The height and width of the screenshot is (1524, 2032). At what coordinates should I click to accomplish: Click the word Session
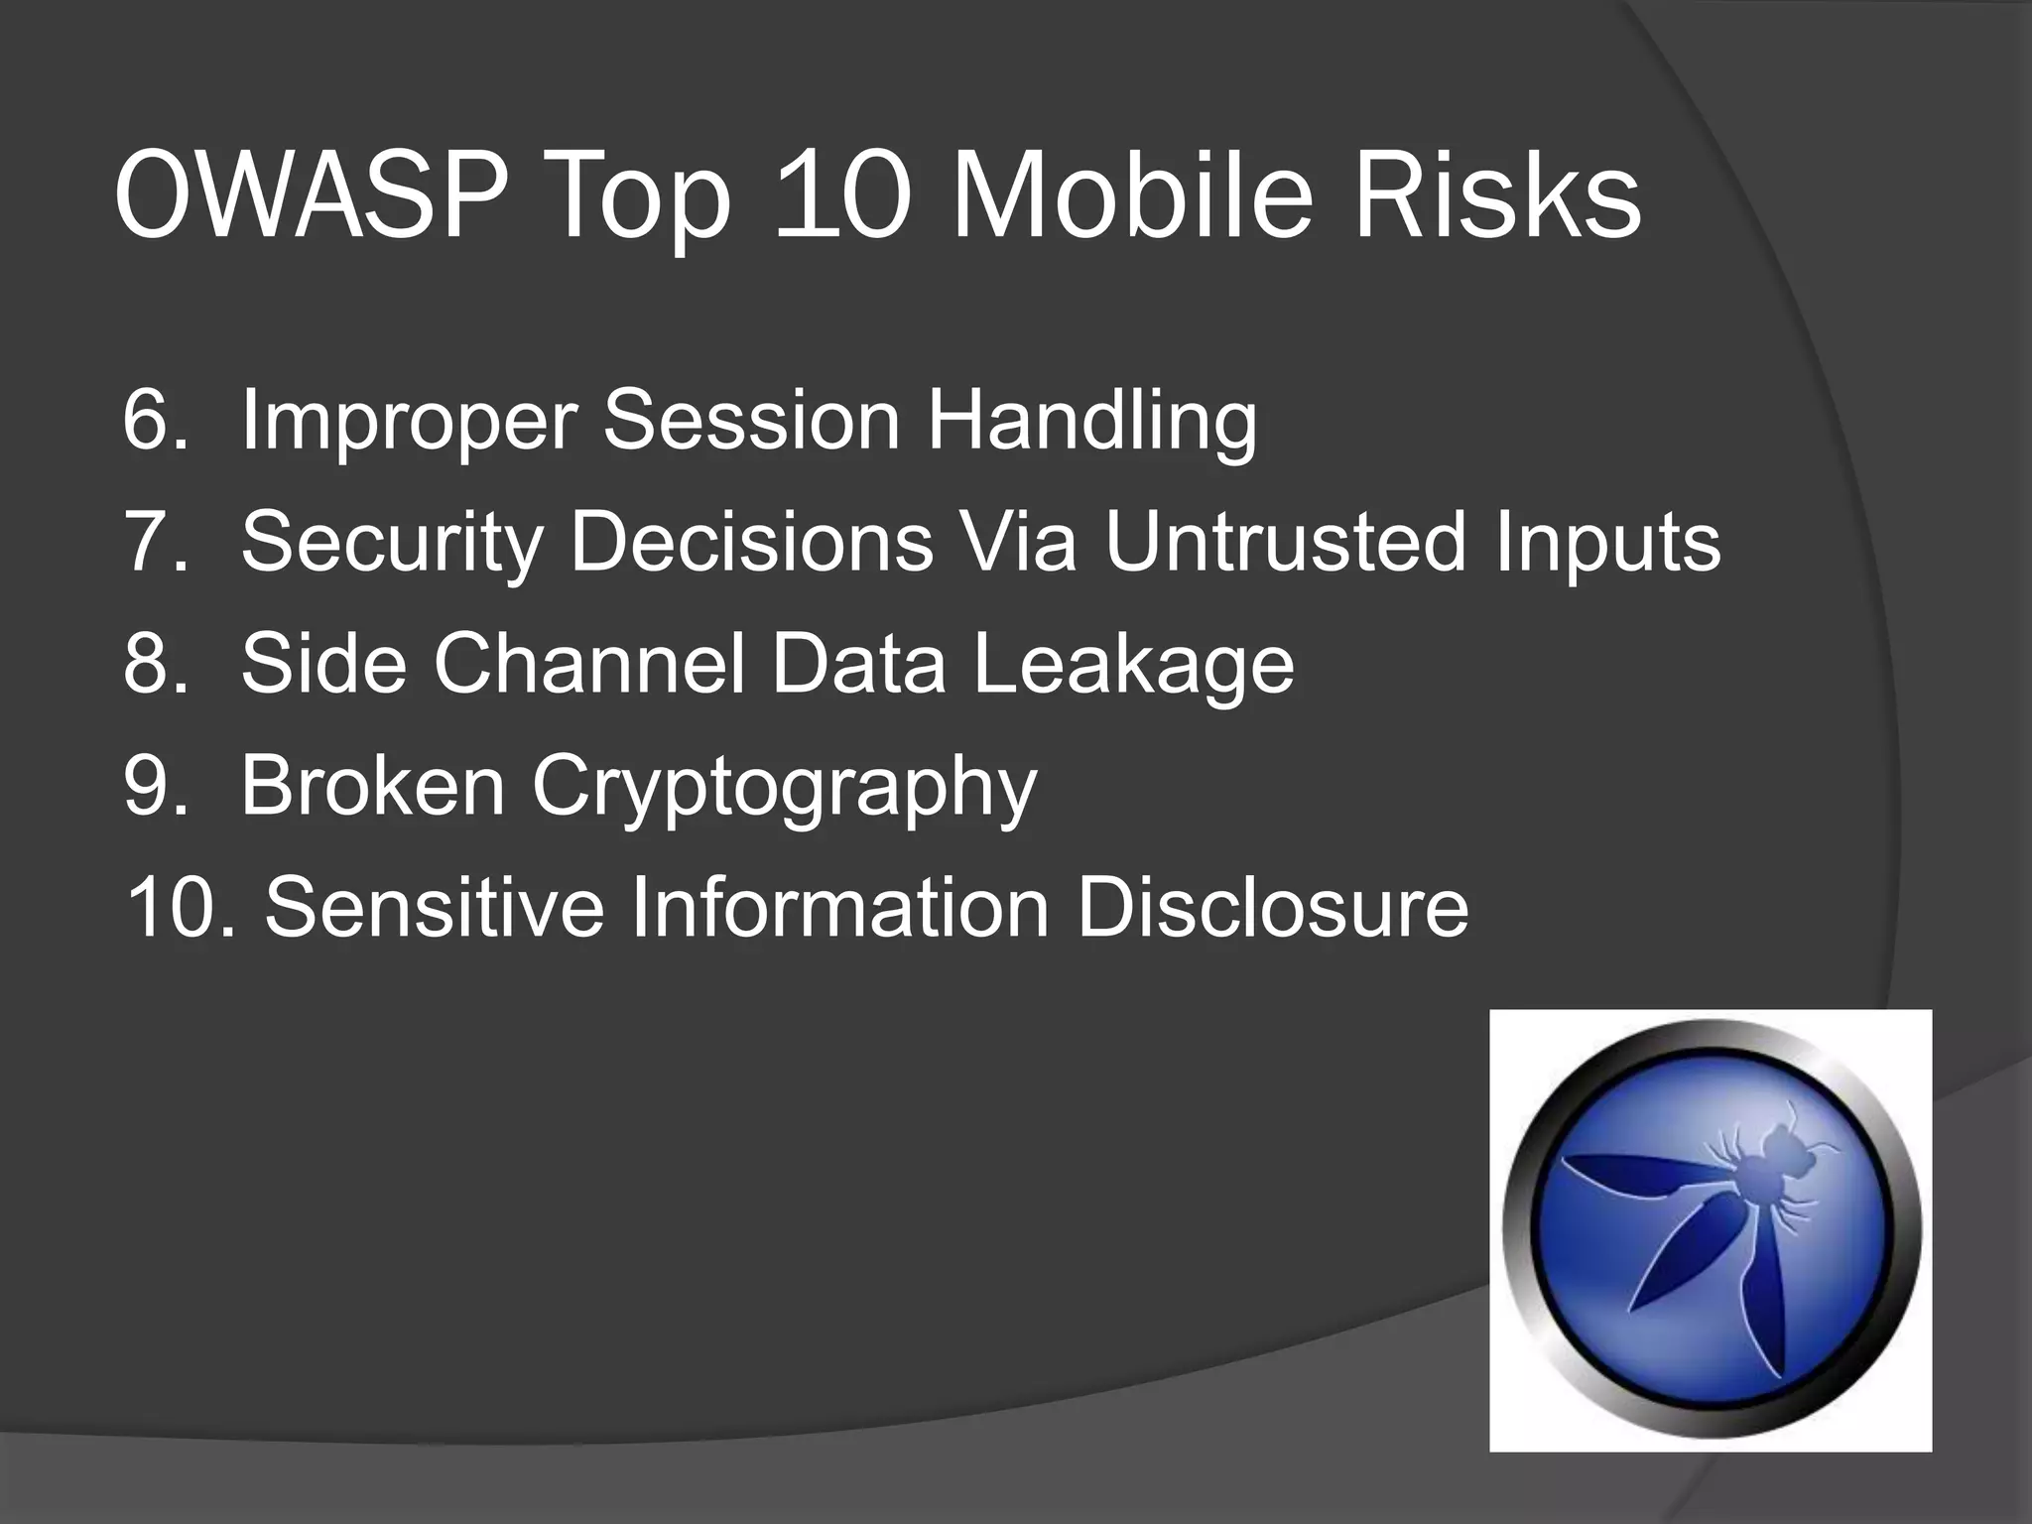751,420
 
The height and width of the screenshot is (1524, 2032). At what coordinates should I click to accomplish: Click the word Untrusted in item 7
1285,542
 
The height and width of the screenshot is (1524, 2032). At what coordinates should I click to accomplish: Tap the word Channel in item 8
588,664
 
